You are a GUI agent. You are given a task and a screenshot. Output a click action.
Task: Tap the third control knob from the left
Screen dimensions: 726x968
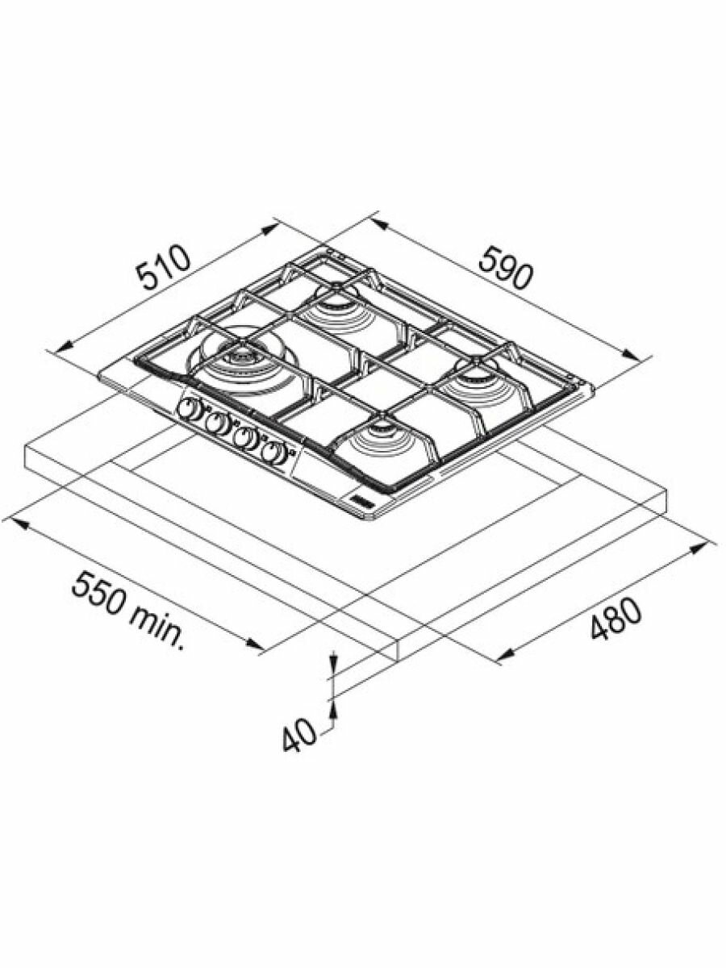244,438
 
